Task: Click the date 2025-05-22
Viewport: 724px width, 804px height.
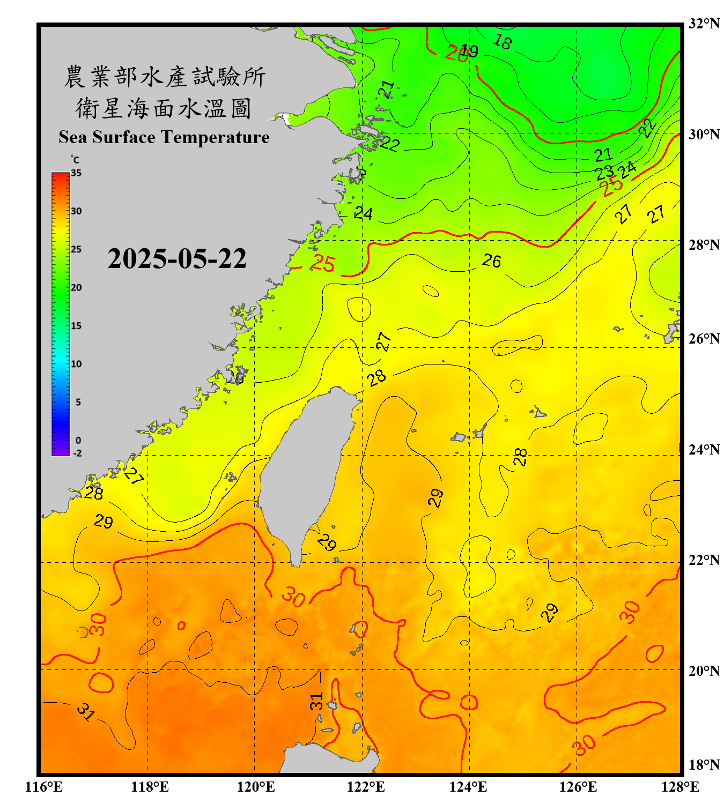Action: tap(177, 259)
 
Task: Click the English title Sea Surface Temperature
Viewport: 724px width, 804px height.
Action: tap(164, 137)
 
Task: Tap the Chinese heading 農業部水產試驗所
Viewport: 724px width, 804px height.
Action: tap(164, 77)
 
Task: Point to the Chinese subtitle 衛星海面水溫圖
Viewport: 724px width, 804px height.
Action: tap(164, 108)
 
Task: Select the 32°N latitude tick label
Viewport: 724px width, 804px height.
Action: tap(704, 24)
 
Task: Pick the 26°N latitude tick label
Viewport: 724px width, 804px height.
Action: tap(704, 339)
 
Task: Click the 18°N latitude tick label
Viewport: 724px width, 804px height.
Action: tap(704, 765)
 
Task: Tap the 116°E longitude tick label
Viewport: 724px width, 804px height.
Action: tap(44, 787)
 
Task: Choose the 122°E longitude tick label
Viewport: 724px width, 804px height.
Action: tap(366, 787)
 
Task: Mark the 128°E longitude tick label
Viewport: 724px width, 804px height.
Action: tap(680, 787)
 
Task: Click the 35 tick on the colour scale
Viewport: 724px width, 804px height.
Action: tap(76, 173)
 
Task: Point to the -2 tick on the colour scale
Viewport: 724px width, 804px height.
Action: tap(77, 453)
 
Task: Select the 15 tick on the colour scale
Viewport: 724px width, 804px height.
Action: tap(76, 325)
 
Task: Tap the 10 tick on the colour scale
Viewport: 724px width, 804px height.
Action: tap(76, 364)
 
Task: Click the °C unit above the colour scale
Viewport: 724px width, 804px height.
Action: tap(75, 160)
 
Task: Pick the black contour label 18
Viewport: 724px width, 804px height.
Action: tap(502, 41)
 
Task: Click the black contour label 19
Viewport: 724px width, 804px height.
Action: tap(469, 51)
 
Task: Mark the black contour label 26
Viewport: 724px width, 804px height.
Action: tap(491, 261)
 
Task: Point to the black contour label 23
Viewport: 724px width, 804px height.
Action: tap(604, 173)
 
